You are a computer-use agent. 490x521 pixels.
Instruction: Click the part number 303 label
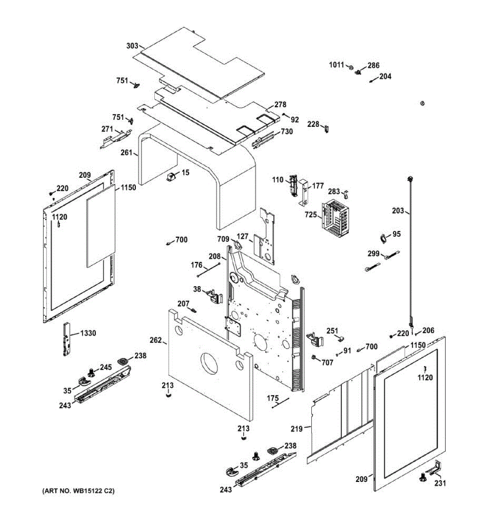[132, 46]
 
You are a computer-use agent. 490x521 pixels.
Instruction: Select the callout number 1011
[336, 65]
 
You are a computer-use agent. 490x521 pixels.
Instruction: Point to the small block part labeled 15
[171, 177]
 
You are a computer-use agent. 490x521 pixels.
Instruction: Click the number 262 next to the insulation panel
[156, 340]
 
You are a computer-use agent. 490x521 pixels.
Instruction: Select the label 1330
[88, 333]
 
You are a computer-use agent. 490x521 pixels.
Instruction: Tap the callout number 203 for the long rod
[398, 211]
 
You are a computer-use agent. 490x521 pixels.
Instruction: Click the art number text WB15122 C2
[78, 491]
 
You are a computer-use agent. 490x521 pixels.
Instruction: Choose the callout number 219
[297, 429]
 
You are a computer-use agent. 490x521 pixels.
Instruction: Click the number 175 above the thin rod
[273, 398]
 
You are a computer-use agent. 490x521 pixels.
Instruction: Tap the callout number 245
[106, 367]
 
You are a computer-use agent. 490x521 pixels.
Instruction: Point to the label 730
[287, 132]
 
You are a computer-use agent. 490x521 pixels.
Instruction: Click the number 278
[280, 105]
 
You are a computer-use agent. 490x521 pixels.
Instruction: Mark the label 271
[107, 129]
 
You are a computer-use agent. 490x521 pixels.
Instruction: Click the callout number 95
[397, 234]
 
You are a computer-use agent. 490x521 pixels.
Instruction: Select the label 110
[278, 180]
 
